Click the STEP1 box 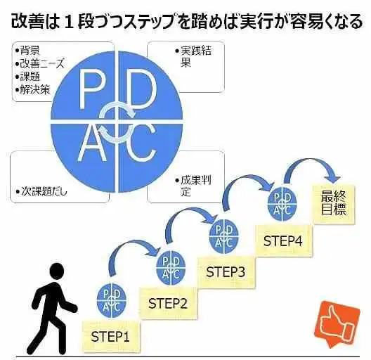tap(111, 336)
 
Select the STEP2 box tap(168, 303)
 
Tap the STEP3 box tap(226, 272)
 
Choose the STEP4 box tap(283, 240)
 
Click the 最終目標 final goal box tap(334, 204)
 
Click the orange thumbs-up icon tap(337, 323)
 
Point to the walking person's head tap(56, 272)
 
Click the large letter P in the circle tap(91, 89)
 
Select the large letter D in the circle tap(141, 89)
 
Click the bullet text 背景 tap(27, 50)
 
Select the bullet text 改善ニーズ tap(39, 63)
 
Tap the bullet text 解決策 tap(32, 90)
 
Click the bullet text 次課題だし tap(41, 191)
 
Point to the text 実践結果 tap(193, 56)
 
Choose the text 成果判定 tap(193, 186)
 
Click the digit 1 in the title tap(68, 22)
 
